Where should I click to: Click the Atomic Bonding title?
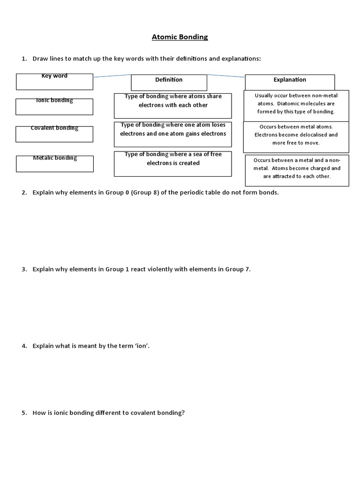coord(180,37)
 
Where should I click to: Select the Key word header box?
coord(54,82)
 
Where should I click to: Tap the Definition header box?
coord(169,82)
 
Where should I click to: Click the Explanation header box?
coord(290,82)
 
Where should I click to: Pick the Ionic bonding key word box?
coord(54,106)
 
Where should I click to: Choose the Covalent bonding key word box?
coord(54,134)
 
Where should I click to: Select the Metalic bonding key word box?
coord(54,163)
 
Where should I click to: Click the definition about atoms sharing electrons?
coord(172,105)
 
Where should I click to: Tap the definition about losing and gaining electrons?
coord(172,133)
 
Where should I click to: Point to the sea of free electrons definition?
coord(172,163)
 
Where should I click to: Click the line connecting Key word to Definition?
coord(112,75)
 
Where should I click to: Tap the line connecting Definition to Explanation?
coord(226,75)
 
